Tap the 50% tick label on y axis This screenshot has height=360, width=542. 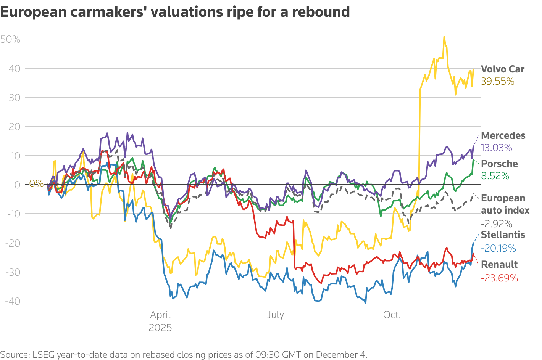click(10, 39)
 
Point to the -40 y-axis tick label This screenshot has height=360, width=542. click(13, 301)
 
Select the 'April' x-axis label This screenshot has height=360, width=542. click(160, 315)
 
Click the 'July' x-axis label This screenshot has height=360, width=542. click(275, 315)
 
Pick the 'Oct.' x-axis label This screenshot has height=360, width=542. click(392, 315)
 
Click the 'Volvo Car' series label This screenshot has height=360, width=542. click(503, 69)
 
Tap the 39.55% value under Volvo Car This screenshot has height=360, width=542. click(498, 81)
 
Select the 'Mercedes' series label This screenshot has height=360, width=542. click(503, 135)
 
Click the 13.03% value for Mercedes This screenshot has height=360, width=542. click(497, 148)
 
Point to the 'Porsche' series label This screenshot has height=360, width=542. click(499, 164)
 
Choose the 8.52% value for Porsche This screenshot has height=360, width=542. click(495, 176)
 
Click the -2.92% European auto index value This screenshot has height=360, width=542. click(497, 224)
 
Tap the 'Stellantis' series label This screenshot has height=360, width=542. click(503, 235)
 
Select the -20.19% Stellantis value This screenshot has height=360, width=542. click(498, 248)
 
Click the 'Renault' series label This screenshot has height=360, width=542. click(499, 264)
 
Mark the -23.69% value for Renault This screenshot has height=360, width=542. click(499, 278)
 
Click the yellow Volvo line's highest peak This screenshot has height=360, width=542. click(444, 37)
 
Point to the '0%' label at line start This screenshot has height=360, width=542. click(37, 184)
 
